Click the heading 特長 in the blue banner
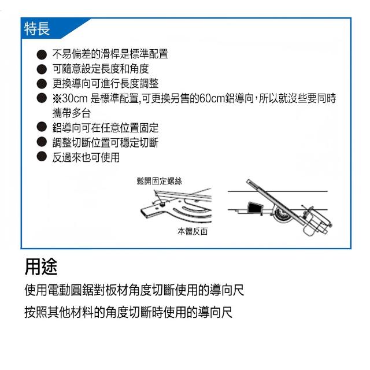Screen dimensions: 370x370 pos(37,28)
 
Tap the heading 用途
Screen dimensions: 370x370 pos(41,267)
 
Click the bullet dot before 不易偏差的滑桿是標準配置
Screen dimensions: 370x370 pos(42,54)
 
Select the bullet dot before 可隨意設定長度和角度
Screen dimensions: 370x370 pos(42,69)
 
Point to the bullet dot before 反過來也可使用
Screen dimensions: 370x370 pos(42,157)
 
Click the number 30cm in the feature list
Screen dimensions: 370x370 pos(75,98)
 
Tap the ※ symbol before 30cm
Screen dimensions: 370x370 pos(57,99)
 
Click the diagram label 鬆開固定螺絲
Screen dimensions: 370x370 pos(160,181)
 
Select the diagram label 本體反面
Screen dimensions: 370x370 pos(193,231)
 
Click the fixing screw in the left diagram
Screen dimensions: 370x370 pos(162,205)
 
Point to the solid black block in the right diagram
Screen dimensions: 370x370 pos(254,208)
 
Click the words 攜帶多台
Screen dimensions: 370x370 pos(72,113)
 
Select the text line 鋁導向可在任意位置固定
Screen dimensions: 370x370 pos(105,128)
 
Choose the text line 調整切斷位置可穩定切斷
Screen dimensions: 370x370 pos(105,142)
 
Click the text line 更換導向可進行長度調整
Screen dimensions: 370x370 pos(105,83)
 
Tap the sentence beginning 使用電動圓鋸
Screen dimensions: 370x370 pos(134,290)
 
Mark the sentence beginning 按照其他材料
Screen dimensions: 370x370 pos(128,312)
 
